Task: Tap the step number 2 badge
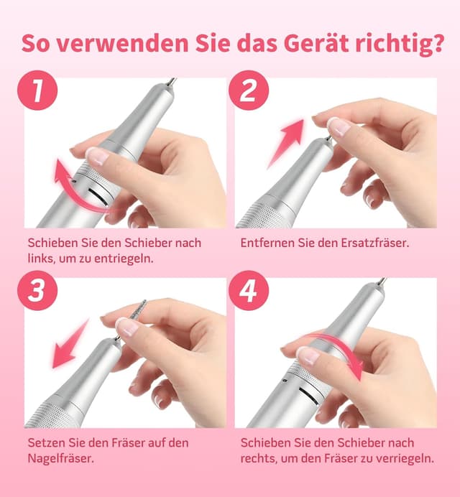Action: tap(248, 90)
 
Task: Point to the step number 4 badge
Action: tap(248, 292)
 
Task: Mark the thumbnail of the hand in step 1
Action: tap(96, 155)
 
